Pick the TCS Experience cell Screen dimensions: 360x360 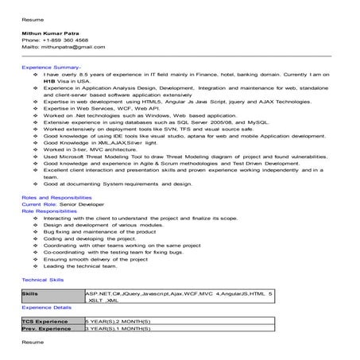pos(47,319)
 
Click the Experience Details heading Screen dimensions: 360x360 pos(47,306)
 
